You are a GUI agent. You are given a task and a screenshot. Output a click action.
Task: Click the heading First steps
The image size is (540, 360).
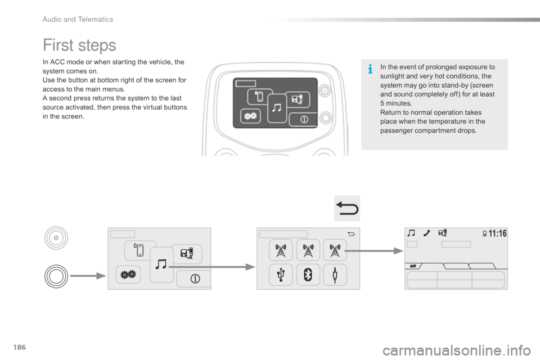click(x=79, y=45)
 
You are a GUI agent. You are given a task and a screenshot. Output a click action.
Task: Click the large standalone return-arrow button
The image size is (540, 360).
click(x=346, y=209)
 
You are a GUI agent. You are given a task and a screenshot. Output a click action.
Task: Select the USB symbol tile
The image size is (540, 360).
click(x=281, y=274)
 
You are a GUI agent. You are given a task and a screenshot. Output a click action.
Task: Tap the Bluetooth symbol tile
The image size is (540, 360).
click(x=308, y=274)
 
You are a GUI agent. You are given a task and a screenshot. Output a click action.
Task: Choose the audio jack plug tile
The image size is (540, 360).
click(x=335, y=274)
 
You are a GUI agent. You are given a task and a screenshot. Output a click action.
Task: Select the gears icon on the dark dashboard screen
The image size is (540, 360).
click(x=249, y=116)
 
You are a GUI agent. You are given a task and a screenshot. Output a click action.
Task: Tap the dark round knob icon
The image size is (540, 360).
click(x=56, y=276)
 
